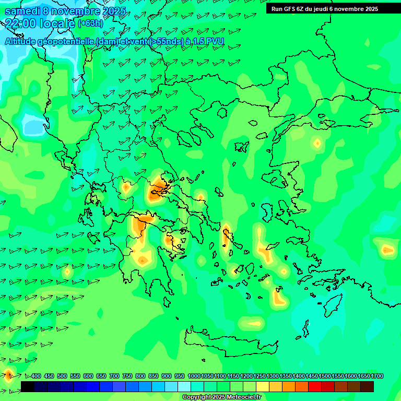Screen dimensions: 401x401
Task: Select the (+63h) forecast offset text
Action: pos(90,23)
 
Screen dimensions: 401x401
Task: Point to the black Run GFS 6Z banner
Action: pos(325,8)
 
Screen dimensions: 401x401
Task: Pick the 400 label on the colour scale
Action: pos(36,376)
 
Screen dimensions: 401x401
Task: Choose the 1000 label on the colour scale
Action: pos(194,376)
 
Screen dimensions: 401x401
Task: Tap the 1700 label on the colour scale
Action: pos(378,376)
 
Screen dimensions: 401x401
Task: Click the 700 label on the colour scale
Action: pos(114,376)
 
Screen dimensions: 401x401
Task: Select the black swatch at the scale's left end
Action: pos(28,386)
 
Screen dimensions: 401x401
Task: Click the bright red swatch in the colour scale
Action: pos(315,386)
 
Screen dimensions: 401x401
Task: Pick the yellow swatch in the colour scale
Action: pos(263,386)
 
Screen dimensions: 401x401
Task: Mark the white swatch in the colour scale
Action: pos(184,386)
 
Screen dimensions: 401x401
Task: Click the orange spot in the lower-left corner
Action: pos(8,373)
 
